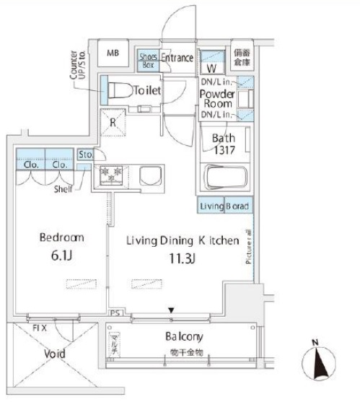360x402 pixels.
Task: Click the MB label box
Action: click(x=113, y=53)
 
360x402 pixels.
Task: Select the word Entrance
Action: click(x=177, y=58)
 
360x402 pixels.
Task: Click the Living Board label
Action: click(x=224, y=206)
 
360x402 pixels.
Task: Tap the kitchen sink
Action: click(x=151, y=175)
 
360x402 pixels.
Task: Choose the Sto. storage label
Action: click(x=85, y=154)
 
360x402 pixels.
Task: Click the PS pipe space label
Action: click(x=114, y=313)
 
